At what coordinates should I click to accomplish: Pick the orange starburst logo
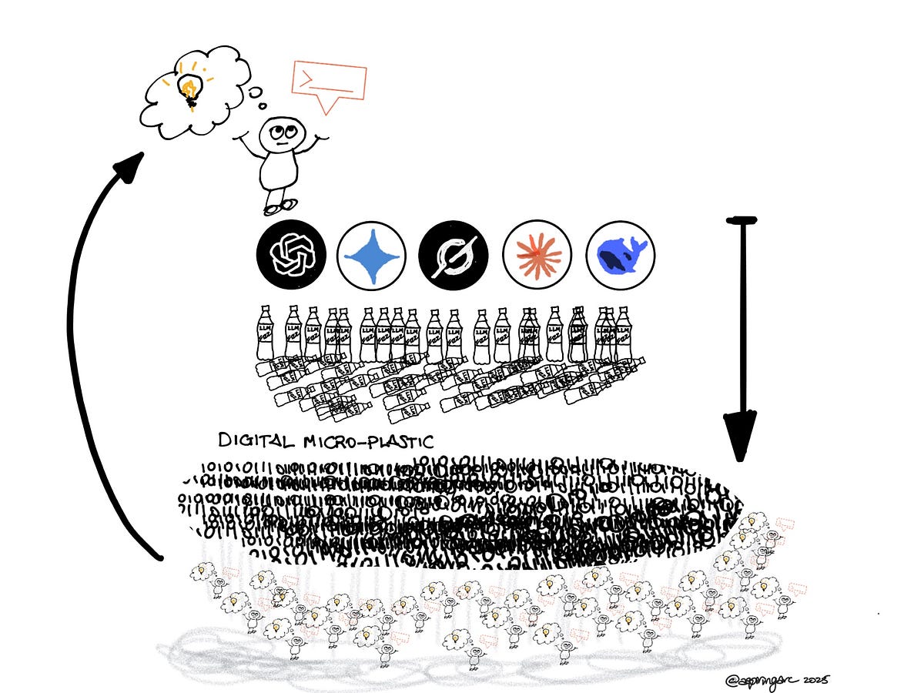[537, 253]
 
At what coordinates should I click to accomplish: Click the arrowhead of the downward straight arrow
[740, 434]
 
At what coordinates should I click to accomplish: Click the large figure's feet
[280, 206]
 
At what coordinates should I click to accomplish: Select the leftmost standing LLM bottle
[265, 333]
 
